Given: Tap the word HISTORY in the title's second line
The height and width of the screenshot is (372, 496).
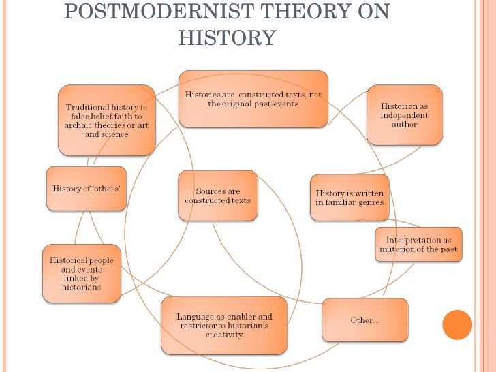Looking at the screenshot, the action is tap(227, 37).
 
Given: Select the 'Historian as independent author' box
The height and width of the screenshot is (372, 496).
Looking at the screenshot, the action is tap(404, 115).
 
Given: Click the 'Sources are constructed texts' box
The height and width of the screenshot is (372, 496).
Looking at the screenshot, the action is tap(218, 196).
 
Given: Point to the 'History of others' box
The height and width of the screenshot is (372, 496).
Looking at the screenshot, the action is tap(86, 189).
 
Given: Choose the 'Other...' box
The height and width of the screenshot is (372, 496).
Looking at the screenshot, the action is tap(365, 320).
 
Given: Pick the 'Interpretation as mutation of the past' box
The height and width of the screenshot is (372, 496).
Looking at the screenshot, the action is tap(419, 245).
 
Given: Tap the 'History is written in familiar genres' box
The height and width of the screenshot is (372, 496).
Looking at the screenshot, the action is tap(350, 198).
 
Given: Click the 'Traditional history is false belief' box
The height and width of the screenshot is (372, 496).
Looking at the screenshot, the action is tap(107, 121).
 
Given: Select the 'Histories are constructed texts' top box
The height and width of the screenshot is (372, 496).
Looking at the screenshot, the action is tap(253, 99).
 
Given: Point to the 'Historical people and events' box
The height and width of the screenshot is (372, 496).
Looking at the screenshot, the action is tap(81, 273).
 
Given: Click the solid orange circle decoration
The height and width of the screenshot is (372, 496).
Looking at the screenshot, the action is tap(457, 324).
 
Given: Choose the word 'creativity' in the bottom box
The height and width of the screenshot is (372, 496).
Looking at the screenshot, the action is tap(223, 335).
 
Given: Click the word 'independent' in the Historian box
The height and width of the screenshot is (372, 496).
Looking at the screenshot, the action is tap(404, 115).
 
